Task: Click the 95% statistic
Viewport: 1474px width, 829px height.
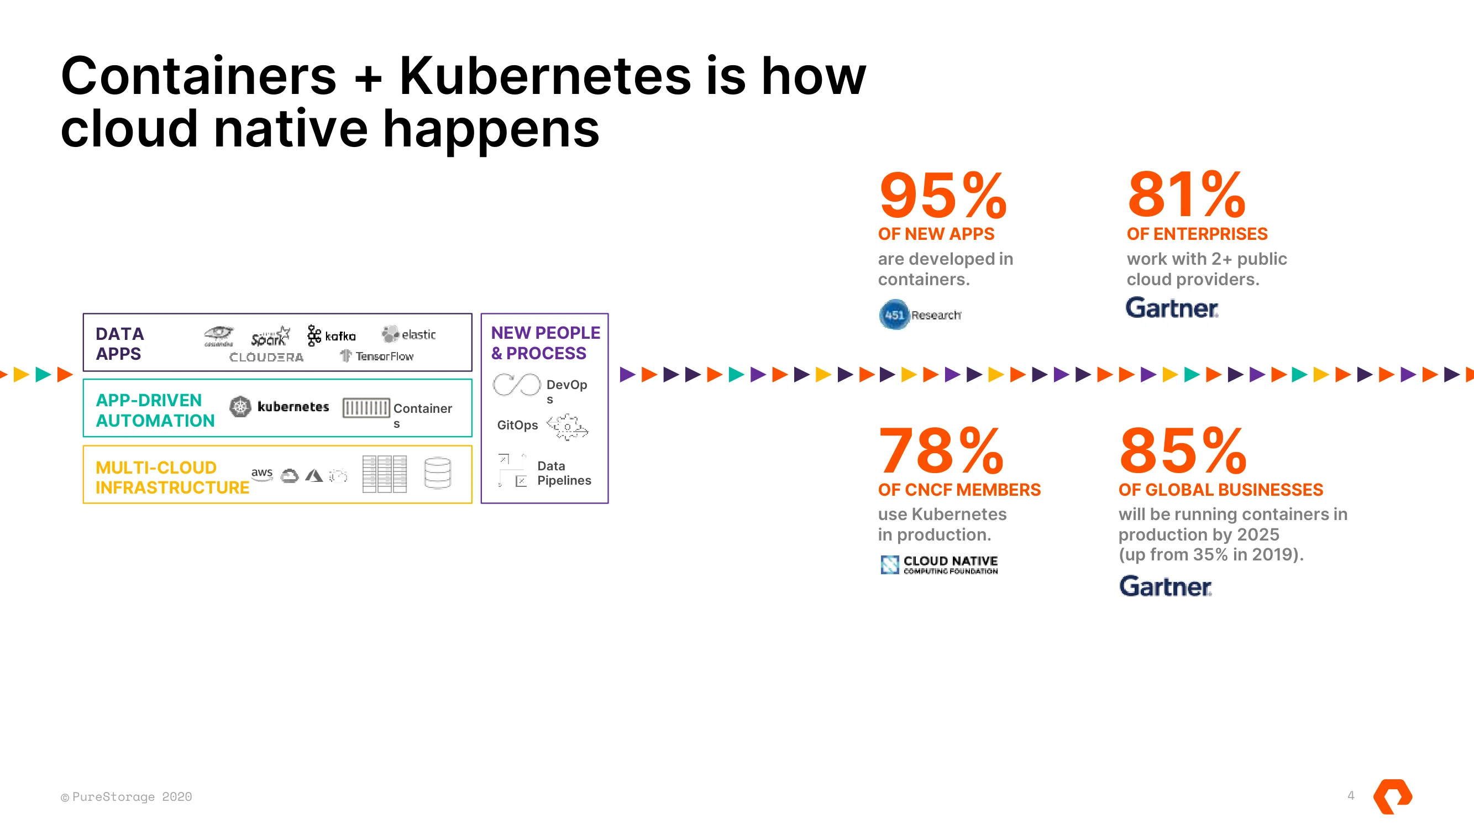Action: (942, 195)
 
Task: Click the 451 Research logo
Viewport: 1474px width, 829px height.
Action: (920, 314)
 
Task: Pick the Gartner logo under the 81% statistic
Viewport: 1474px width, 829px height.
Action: (1172, 308)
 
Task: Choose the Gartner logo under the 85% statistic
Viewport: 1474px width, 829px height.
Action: (1165, 586)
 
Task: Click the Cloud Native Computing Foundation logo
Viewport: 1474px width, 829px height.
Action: (939, 565)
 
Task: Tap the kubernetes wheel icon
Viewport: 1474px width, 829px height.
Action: (240, 407)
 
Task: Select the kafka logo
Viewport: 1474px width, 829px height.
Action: (331, 335)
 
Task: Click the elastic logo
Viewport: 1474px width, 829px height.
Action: (408, 334)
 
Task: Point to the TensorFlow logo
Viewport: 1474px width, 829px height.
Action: (376, 356)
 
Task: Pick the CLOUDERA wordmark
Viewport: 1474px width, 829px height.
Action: (266, 357)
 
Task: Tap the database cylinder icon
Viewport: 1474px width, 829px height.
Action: (438, 473)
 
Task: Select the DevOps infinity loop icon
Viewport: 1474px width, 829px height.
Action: (517, 385)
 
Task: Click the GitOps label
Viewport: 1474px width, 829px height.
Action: (517, 425)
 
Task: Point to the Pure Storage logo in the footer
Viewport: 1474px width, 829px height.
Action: (1393, 796)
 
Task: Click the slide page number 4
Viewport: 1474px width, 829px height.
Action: (1351, 795)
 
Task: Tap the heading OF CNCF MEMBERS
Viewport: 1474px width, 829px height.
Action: (959, 490)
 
